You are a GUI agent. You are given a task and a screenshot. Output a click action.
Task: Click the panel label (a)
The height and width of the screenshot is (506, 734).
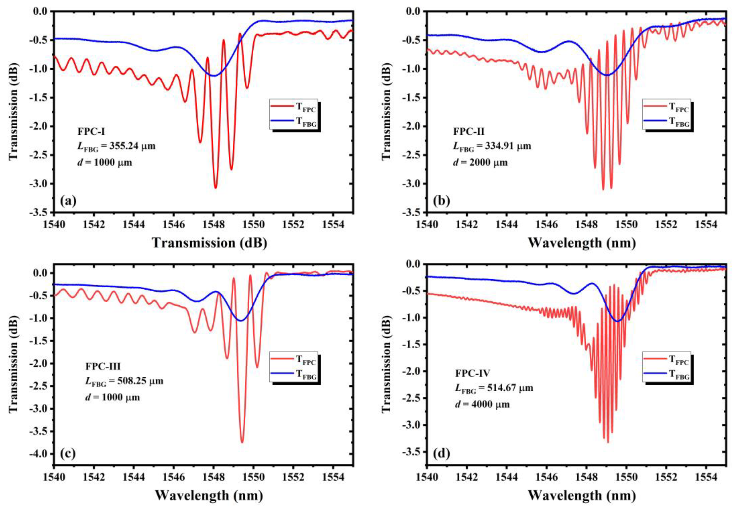point(68,201)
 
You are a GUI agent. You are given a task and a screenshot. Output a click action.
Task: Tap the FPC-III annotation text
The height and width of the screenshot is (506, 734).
point(103,366)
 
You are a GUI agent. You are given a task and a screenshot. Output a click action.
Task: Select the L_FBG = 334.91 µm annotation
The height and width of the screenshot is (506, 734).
point(492,146)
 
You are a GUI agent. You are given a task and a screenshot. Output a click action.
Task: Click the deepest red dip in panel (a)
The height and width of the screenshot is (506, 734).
point(216,188)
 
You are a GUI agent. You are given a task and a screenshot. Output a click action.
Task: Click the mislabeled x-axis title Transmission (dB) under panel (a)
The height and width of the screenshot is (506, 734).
point(209,243)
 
